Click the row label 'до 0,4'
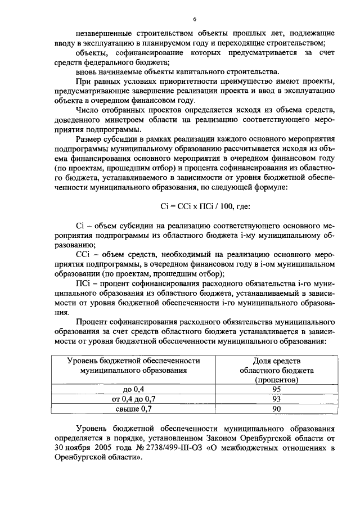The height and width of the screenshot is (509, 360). pyautogui.click(x=133, y=389)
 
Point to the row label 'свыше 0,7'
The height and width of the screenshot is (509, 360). pyautogui.click(x=133, y=409)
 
